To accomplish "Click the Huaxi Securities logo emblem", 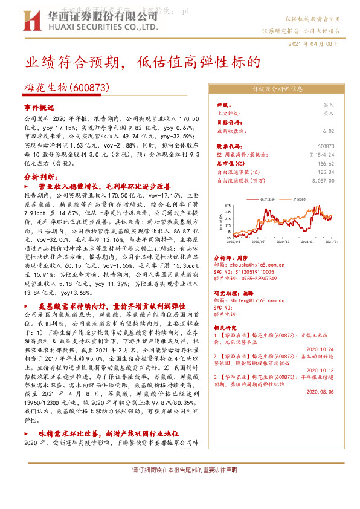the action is (36, 20).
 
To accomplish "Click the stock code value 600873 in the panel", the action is (326, 146).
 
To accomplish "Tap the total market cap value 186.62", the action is (326, 163).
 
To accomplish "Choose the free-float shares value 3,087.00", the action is (322, 180).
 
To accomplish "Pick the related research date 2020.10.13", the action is (320, 371).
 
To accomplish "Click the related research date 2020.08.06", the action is (320, 391).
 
